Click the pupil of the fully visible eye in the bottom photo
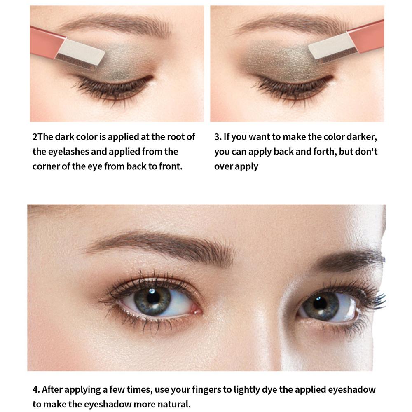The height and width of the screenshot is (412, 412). pos(153,297)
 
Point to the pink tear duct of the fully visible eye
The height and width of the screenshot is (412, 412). pos(197,309)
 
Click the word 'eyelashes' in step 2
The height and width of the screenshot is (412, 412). pos(68,152)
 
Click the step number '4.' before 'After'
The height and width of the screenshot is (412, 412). pos(36,389)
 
